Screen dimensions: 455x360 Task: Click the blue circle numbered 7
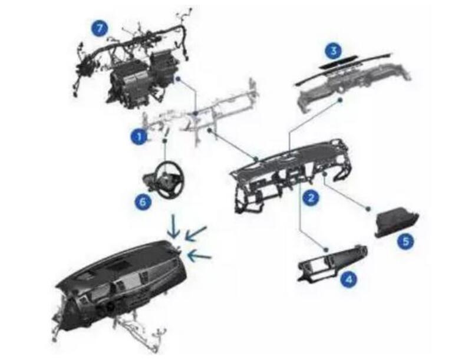coord(100,29)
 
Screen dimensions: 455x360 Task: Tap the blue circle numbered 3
coord(334,51)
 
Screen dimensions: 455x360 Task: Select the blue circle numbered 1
coord(139,136)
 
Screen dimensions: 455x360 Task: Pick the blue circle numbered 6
coord(143,202)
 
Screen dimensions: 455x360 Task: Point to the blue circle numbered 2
coord(311,198)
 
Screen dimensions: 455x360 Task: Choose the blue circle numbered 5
coord(405,241)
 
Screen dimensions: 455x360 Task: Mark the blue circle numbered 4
coord(348,280)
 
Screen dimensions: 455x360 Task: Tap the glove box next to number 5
coord(397,222)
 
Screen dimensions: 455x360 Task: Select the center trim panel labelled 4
coord(333,263)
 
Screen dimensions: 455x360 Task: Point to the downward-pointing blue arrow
coord(174,226)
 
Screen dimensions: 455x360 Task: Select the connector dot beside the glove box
coord(368,209)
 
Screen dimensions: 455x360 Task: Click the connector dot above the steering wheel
coord(164,141)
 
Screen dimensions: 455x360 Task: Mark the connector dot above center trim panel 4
coord(325,249)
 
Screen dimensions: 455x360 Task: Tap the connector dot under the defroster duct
coord(341,100)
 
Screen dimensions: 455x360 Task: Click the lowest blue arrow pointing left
coord(200,255)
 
